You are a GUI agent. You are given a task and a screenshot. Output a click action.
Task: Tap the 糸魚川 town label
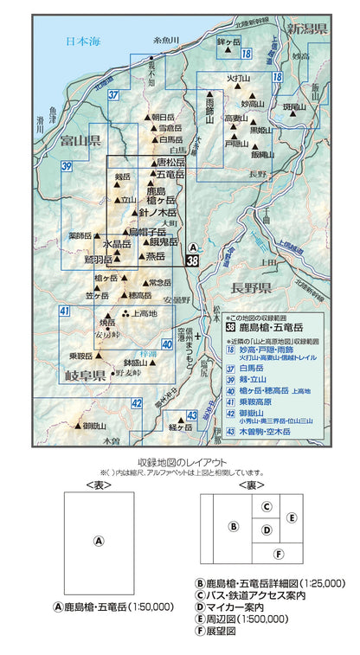164,41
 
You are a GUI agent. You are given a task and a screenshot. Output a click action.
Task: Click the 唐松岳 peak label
170,162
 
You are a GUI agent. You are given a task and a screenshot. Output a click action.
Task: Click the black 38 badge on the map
193,260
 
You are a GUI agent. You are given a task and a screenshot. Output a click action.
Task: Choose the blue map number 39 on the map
67,166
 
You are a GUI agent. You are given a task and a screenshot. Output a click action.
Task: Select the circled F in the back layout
278,553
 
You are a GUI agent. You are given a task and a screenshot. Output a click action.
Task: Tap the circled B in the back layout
233,525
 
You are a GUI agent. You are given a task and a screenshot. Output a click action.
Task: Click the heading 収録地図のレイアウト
180,462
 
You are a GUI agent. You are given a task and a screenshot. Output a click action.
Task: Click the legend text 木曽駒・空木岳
279,430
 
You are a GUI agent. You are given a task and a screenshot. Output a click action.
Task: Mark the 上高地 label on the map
145,312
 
